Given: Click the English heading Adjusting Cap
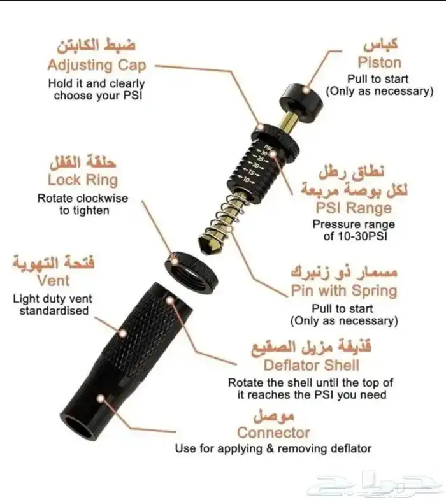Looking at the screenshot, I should point(96,65).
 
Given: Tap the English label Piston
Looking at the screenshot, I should point(379,62).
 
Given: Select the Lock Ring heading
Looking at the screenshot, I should point(83,180).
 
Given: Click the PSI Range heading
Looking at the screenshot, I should point(354,208).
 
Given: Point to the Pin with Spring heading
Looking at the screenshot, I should point(344,291).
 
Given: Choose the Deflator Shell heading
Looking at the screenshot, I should point(311,366).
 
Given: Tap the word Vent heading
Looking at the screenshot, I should point(54,280).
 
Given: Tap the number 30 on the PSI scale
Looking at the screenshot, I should point(264,154).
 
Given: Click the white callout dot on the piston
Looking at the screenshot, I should point(307,90).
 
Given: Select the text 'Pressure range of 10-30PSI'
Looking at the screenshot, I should point(353,231).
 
